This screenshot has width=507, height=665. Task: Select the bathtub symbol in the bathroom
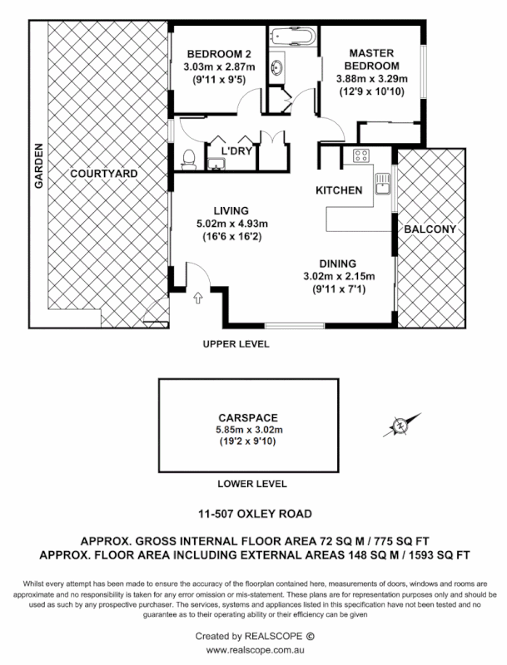(291, 38)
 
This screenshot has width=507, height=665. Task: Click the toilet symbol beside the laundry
(189, 158)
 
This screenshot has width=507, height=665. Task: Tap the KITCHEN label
(339, 190)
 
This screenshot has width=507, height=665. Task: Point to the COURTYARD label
(104, 174)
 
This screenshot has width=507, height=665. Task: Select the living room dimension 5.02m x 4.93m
(231, 223)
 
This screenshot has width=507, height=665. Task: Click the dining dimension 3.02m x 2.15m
(339, 277)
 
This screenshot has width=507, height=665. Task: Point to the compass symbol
(400, 426)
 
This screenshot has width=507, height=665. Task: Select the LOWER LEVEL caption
(251, 483)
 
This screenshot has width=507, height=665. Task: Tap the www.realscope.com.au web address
(254, 650)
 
